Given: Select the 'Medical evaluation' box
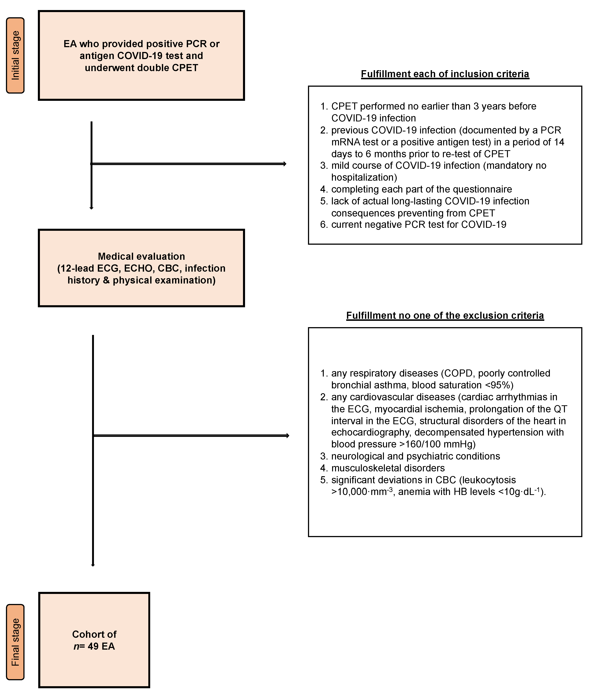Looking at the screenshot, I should pos(141,268).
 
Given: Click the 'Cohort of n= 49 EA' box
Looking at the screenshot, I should pos(94,640).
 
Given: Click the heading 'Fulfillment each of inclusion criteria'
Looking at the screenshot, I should pos(445,74).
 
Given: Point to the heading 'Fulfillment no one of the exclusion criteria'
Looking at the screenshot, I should pos(445,315).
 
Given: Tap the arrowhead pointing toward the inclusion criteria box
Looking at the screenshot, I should pos(285,164).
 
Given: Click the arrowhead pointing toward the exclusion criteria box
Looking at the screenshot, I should pos(288,435).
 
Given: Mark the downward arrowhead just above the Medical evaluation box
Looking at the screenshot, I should pos(91,208).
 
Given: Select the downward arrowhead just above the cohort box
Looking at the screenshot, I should pos(93,565).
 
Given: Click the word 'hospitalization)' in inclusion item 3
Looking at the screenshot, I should pos(364,177).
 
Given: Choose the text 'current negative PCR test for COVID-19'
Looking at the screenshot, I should pos(419,224).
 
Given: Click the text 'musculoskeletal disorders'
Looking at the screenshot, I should pos(388,468).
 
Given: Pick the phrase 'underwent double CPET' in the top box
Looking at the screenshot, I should pos(141,68).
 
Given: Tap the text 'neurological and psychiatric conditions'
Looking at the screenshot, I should pos(415,456).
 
